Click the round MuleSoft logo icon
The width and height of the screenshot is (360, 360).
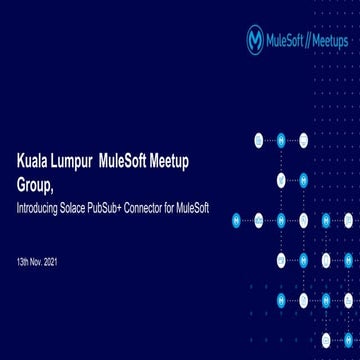[x=255, y=40]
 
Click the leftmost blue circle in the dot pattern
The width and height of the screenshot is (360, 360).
[x=237, y=220]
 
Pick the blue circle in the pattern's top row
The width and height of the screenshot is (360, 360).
[x=281, y=140]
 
